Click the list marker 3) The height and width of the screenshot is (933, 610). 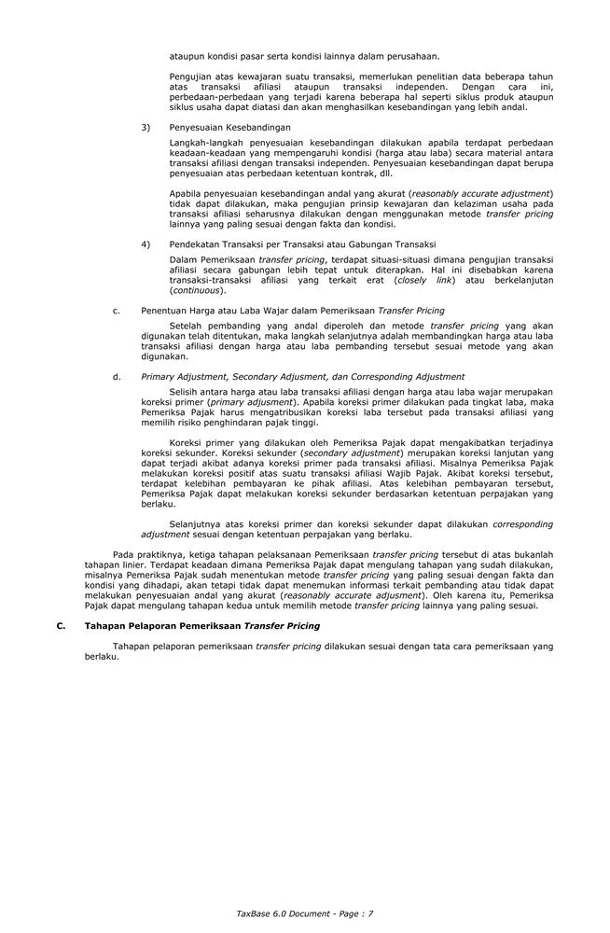(146, 127)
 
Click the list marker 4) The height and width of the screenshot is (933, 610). (146, 244)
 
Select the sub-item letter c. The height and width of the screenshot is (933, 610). (116, 310)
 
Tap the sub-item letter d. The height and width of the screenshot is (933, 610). (116, 377)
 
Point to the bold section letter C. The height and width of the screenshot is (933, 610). (61, 626)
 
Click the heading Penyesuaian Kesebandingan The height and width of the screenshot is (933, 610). (229, 127)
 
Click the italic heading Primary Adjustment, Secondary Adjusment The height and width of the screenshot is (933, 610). (302, 377)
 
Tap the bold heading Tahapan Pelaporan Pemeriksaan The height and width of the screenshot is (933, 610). (201, 626)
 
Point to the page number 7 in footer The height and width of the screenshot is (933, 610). (370, 913)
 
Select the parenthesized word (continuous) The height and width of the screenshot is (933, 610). (198, 290)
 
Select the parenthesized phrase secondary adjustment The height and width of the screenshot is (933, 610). (347, 453)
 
